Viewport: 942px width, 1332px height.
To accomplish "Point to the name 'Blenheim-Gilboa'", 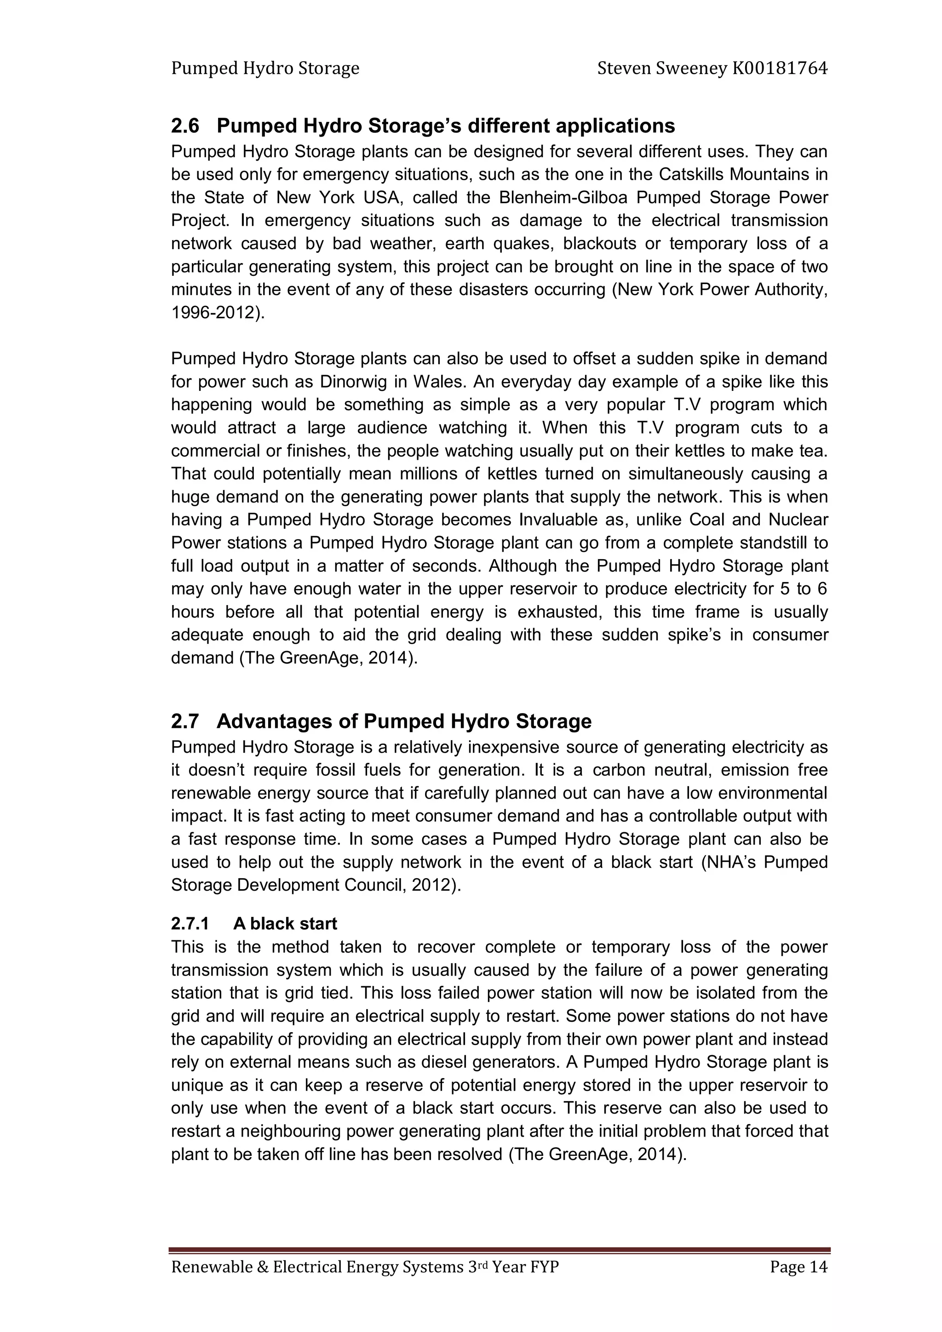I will tap(563, 198).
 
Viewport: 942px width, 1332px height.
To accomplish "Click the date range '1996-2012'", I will tap(213, 313).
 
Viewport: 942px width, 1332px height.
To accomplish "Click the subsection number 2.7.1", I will tap(190, 924).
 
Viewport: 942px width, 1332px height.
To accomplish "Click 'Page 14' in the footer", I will tap(798, 1268).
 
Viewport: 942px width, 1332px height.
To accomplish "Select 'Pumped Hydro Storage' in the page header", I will tap(265, 69).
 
